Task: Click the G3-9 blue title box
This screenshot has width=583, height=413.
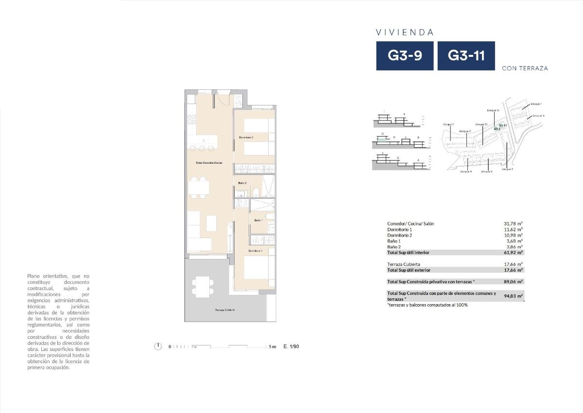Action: [x=405, y=56]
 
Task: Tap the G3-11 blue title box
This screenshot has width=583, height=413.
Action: [x=466, y=56]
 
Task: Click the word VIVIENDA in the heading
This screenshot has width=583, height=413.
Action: [x=405, y=33]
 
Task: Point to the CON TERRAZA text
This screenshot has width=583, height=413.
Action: [x=525, y=69]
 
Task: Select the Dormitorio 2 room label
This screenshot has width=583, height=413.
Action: [x=246, y=138]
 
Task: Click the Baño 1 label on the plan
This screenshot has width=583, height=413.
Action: [x=258, y=220]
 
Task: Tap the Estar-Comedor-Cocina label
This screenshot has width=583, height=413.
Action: [x=209, y=163]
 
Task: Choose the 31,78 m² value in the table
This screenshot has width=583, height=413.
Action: [x=513, y=224]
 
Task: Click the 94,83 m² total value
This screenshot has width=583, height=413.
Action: [x=513, y=296]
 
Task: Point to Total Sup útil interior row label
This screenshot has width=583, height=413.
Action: [x=408, y=253]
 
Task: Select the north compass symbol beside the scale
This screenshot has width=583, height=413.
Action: [x=157, y=346]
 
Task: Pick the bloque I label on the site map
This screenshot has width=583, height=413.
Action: [x=536, y=104]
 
